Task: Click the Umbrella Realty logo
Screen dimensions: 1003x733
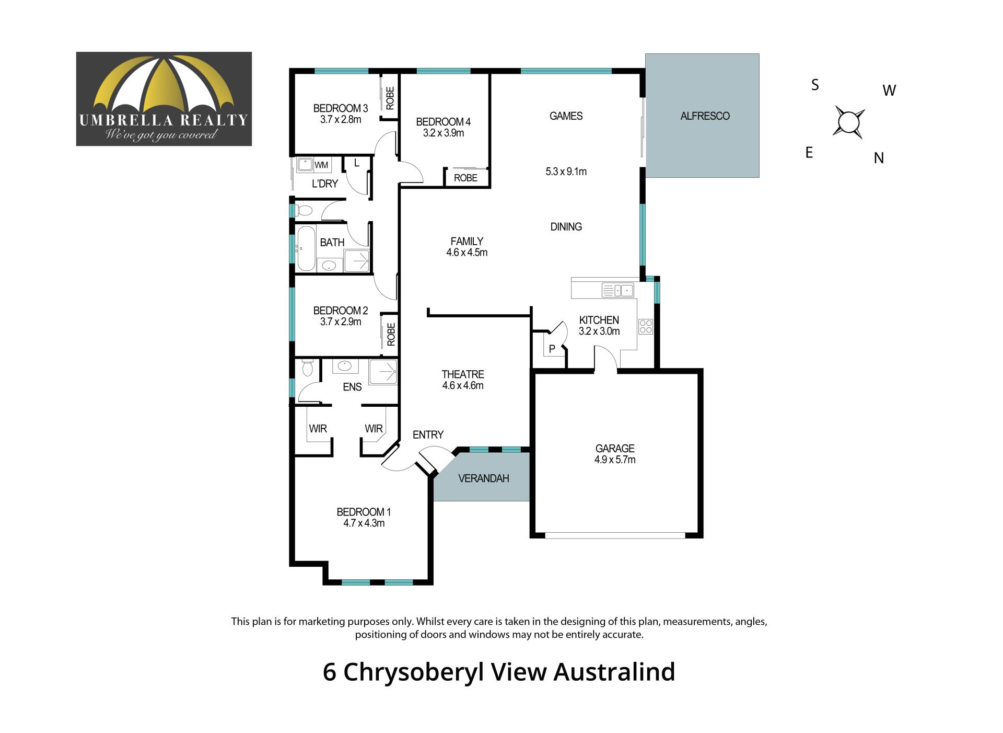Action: coord(164,99)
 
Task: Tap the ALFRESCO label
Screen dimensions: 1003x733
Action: coord(705,116)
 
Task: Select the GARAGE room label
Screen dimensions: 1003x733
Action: coord(615,449)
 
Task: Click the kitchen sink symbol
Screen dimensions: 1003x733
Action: coord(618,290)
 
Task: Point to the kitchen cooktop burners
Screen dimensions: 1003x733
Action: coord(646,327)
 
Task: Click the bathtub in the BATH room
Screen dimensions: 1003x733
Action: coord(306,248)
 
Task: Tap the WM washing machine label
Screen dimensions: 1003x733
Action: coord(321,165)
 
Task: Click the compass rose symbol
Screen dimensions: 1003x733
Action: coord(848,122)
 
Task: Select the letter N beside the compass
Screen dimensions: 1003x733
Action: coord(879,158)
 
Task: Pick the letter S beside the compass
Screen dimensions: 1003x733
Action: coord(815,85)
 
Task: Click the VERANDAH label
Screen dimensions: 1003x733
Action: coord(483,478)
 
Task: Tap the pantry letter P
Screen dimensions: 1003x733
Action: coord(552,349)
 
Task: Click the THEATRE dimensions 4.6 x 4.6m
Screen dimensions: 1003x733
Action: coord(463,386)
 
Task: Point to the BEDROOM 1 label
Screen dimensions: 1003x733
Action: coord(364,512)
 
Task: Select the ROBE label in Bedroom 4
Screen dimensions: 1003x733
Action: coord(465,178)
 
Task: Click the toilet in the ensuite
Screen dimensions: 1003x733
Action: coord(307,368)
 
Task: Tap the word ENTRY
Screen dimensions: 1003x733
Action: coord(428,434)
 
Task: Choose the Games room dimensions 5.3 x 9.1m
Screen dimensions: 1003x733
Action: coord(566,171)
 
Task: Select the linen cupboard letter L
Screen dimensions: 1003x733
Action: coord(357,163)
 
